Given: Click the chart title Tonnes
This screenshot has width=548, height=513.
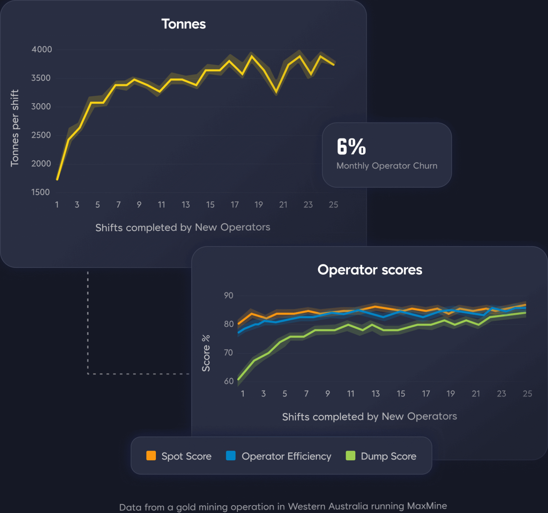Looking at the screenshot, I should coord(183,24).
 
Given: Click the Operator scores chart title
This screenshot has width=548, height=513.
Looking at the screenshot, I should coord(370,270).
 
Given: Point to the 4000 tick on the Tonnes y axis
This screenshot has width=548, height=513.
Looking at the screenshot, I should coord(42,50).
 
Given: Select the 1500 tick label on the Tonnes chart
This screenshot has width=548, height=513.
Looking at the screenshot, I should coord(41,192).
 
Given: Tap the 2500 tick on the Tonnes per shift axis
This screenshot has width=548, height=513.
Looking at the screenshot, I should coord(41,135).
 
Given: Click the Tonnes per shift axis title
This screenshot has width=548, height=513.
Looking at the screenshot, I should coord(15,128).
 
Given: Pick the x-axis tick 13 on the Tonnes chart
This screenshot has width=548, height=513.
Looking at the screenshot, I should coord(186,205).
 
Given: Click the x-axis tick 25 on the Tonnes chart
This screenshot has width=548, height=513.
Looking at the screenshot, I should coord(333,205).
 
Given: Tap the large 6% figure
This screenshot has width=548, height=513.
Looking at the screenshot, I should coord(351,147).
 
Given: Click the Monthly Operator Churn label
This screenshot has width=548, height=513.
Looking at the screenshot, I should coord(387,166).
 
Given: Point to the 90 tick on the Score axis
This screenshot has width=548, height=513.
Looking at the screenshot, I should coord(229,296).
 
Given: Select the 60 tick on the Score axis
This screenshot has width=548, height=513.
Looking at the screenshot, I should coord(229,381).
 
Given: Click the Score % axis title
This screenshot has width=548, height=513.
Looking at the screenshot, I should coord(206,353).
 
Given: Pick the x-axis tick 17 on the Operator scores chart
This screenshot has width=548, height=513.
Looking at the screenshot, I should coord(426,394).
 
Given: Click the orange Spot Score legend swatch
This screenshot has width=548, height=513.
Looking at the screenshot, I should coord(151,456).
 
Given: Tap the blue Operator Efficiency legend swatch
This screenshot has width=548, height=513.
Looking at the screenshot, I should coord(231,456).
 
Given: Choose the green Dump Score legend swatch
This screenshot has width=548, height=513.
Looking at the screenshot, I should coord(350,456).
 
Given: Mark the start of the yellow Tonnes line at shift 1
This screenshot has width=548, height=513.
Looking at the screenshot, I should coord(57,179).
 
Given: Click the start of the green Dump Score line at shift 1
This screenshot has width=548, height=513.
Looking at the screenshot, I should coord(238,379).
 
